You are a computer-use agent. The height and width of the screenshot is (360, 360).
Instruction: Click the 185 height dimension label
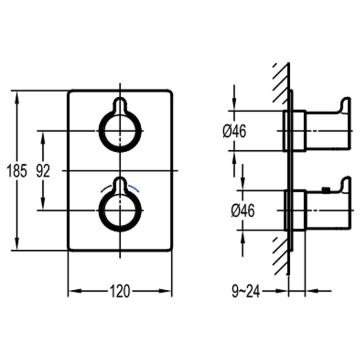(x=17, y=171)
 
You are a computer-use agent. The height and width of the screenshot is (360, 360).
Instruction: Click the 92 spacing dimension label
(x=43, y=171)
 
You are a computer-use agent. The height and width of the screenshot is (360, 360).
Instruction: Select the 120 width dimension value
(x=120, y=291)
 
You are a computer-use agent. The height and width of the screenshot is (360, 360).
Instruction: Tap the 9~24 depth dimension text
(x=246, y=292)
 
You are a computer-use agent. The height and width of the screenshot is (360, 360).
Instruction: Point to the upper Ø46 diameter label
(x=234, y=131)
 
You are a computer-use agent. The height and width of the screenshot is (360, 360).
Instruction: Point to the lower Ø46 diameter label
(x=243, y=211)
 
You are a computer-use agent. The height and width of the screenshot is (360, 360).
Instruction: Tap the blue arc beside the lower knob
(x=134, y=188)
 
